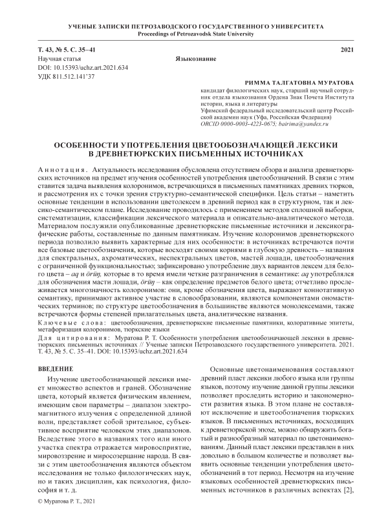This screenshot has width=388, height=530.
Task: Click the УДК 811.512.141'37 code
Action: point(67,77)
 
